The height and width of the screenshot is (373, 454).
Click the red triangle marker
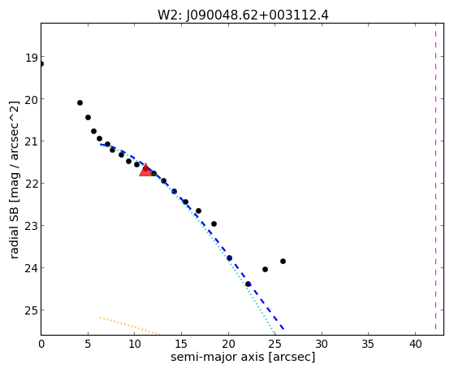[145, 171]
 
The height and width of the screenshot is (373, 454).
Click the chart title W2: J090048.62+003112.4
[243, 15]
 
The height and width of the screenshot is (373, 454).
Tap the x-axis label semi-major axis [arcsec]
[243, 357]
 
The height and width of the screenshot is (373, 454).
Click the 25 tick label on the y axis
[32, 310]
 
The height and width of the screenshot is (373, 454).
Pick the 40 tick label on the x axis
[416, 344]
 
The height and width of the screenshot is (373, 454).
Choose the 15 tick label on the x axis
[182, 344]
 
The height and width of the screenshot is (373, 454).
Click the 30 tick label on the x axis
[322, 344]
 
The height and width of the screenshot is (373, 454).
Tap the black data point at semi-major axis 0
[41, 63]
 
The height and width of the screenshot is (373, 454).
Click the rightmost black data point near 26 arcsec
[283, 261]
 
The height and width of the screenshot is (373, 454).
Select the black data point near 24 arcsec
[265, 269]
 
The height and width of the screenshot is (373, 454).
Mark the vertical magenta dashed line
[435, 176]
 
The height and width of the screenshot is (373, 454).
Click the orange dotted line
[130, 326]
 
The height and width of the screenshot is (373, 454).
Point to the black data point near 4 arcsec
[80, 102]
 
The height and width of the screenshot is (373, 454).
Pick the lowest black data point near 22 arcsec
[248, 284]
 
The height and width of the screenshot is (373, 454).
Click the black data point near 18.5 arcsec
[214, 223]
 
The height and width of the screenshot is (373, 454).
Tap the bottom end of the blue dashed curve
[283, 329]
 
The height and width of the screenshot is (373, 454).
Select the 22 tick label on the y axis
[32, 184]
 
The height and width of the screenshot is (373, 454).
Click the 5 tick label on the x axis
[88, 344]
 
